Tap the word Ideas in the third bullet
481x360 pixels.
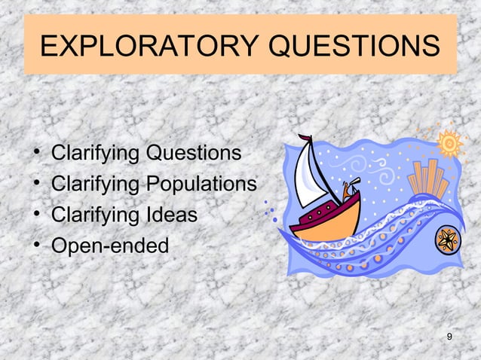pos(172,215)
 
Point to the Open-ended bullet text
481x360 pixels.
pos(110,246)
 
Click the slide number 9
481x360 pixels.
pos(449,336)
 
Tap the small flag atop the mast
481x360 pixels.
pos(305,139)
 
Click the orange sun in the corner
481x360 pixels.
pos(450,142)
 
